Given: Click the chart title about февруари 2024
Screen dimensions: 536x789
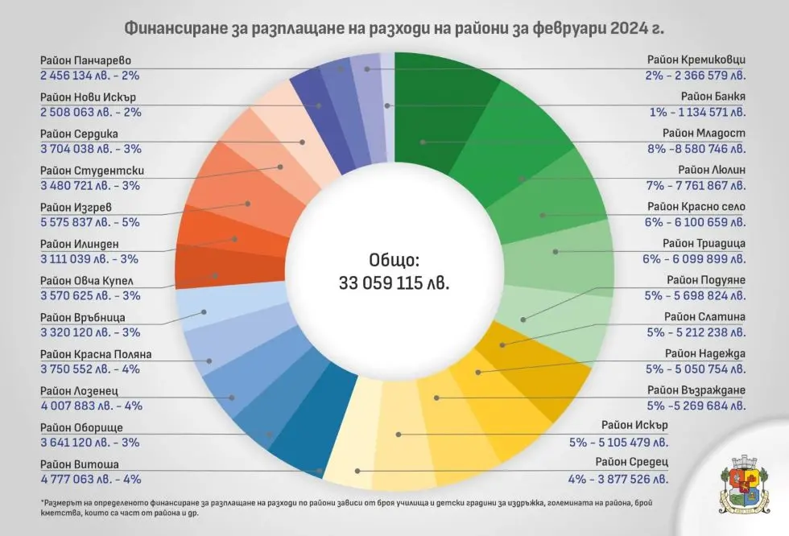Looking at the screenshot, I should pyautogui.click(x=394, y=29).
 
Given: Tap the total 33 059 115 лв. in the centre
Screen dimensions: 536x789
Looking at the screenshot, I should pyautogui.click(x=394, y=284).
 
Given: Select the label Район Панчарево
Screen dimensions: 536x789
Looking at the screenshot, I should pyautogui.click(x=85, y=60).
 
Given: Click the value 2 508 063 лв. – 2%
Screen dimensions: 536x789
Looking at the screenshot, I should pyautogui.click(x=90, y=112).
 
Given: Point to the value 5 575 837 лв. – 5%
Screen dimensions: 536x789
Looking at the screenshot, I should pyautogui.click(x=90, y=222).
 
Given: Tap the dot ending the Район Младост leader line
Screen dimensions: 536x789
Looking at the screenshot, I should pyautogui.click(x=422, y=142).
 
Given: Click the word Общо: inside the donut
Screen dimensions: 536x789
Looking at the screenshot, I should pyautogui.click(x=394, y=262).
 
